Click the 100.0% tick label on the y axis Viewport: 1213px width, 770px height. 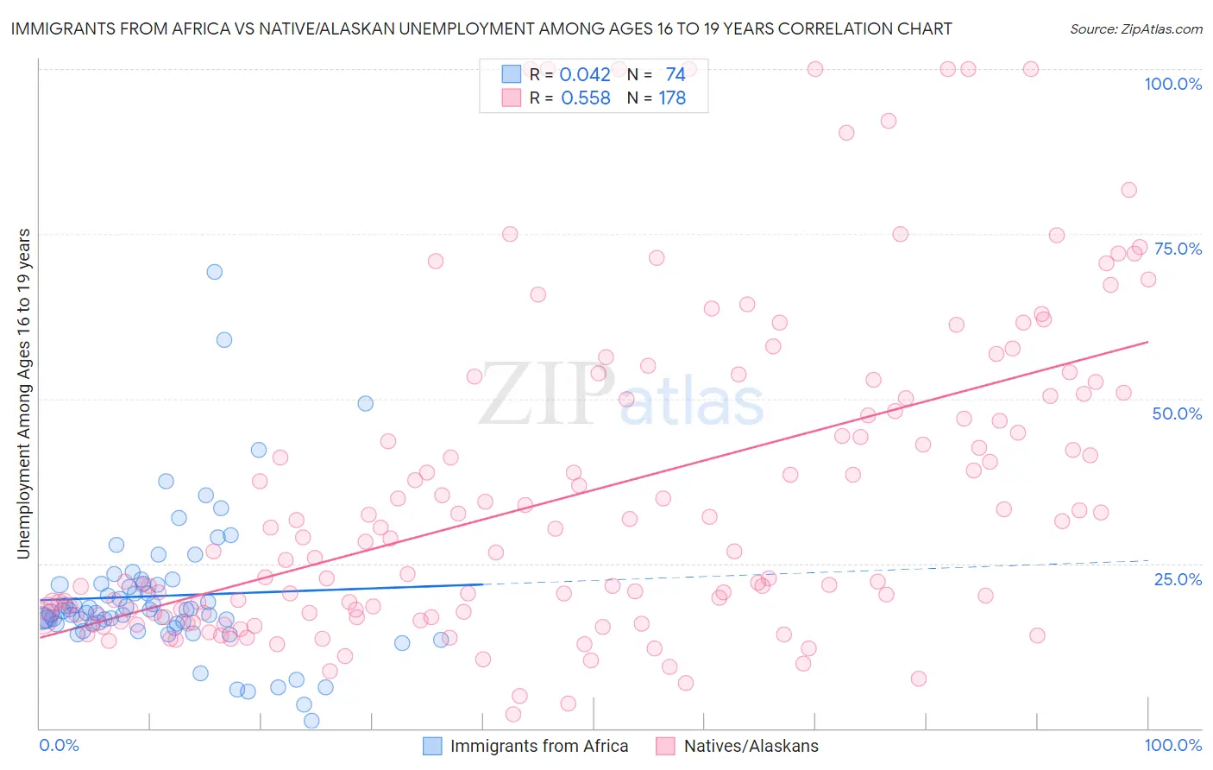1172,84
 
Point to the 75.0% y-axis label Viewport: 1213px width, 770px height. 1178,249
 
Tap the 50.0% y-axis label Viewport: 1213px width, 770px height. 1177,413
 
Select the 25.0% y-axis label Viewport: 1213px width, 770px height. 1178,579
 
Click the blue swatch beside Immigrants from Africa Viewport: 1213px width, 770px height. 432,746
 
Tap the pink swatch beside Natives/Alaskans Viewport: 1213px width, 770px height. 665,746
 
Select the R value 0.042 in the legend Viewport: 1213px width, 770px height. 585,74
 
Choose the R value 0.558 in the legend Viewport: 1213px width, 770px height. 585,98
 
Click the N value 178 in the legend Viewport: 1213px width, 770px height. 672,98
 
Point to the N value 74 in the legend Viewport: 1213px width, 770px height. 675,74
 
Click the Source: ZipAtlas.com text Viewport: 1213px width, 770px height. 1135,28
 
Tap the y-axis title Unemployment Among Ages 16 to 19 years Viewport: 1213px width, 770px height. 24,394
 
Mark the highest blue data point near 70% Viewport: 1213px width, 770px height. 215,272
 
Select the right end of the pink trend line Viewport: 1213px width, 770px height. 1147,342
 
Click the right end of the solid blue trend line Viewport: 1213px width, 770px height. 481,584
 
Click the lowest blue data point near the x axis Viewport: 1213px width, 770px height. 311,721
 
